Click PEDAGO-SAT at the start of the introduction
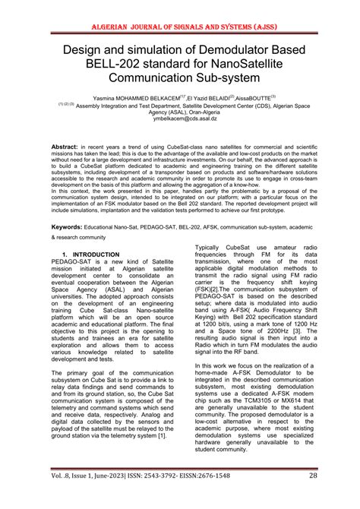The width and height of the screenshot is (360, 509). (x=73, y=263)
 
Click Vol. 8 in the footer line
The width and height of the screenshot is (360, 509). (x=42, y=496)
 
